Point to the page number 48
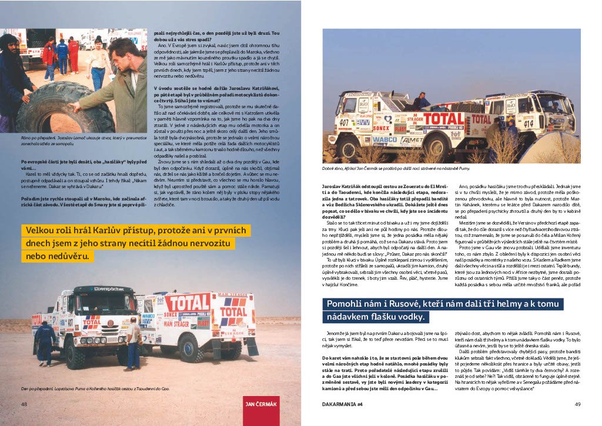(24, 404)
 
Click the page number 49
(577, 404)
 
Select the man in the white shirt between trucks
(134, 341)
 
